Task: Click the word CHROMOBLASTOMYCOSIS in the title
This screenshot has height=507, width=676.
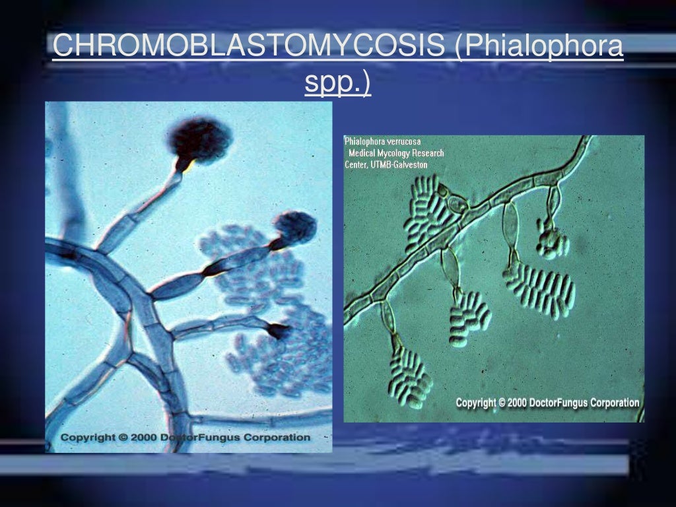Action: pos(248,46)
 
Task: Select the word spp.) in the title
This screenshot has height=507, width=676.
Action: pos(337,83)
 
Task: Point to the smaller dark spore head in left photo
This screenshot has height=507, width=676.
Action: pos(294,226)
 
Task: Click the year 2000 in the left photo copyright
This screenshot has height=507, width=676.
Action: pos(151,438)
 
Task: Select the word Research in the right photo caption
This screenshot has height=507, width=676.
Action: pos(428,153)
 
